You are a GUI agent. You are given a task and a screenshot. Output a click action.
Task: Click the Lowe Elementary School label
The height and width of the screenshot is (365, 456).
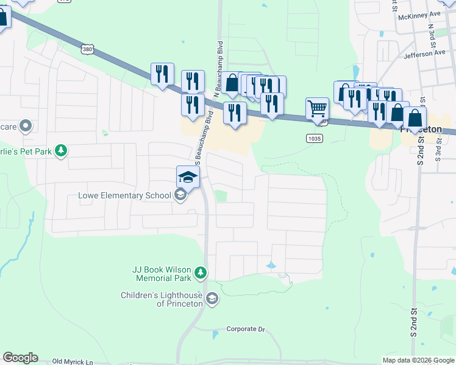tap(124, 195)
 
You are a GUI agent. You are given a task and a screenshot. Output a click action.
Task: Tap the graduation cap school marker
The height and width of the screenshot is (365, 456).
tap(188, 178)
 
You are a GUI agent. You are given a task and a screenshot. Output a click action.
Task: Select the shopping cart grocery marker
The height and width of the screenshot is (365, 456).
tap(317, 109)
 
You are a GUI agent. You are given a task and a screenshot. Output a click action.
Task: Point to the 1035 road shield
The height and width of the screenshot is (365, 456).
tap(314, 138)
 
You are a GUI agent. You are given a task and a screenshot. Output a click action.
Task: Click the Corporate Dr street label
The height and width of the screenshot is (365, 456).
tap(246, 329)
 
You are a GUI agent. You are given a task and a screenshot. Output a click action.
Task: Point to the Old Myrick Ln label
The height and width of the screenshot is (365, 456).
tap(73, 361)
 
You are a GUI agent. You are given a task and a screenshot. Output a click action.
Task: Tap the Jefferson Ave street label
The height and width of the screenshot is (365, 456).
tap(424, 54)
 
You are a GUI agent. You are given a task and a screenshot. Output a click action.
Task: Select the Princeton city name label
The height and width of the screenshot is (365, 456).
tap(421, 130)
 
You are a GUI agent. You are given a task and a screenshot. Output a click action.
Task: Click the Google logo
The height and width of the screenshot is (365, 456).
tap(20, 358)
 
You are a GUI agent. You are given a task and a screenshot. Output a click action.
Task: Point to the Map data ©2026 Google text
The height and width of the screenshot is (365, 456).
tap(418, 360)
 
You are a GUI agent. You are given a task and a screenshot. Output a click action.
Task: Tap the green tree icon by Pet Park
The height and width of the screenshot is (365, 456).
tap(60, 150)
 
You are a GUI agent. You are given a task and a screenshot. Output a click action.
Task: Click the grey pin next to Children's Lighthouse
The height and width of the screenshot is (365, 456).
tap(212, 298)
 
